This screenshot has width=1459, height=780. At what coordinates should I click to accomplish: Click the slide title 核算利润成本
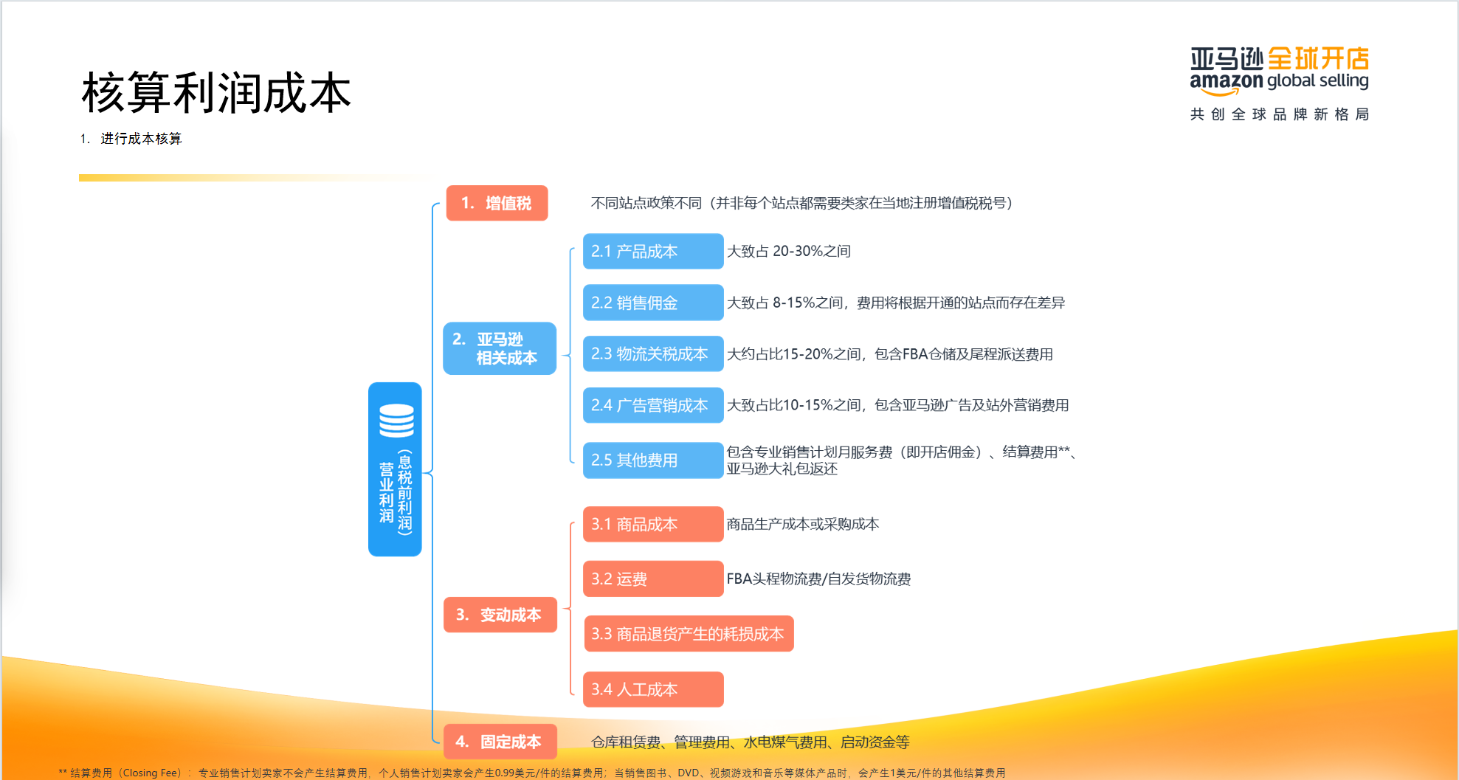point(216,94)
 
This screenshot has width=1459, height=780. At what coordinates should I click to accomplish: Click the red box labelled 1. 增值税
point(497,203)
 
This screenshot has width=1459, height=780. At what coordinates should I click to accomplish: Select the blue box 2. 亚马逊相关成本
point(499,348)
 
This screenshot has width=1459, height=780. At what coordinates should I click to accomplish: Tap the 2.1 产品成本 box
point(652,252)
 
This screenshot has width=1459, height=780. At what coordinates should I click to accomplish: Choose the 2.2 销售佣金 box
point(652,303)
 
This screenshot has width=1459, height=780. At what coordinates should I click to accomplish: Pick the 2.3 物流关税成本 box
point(652,354)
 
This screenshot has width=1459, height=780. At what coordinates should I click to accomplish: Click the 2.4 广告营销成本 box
point(652,405)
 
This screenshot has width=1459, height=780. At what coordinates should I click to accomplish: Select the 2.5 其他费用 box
point(652,460)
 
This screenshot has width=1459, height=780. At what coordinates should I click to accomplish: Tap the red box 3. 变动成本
point(500,615)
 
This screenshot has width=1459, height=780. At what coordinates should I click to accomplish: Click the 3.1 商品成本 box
point(652,525)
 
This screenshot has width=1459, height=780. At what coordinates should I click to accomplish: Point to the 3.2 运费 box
point(652,579)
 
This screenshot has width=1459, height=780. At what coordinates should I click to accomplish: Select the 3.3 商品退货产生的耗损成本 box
point(688,634)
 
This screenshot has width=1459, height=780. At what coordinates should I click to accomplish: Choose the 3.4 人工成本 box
point(652,689)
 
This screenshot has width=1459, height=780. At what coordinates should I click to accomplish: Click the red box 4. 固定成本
point(500,742)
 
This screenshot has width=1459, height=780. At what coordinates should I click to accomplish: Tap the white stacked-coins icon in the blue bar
point(396,421)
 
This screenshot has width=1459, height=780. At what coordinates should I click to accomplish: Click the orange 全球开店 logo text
point(1318,58)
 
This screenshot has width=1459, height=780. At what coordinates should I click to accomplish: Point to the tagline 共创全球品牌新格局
point(1279,114)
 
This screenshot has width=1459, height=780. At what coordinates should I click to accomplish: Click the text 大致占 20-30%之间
point(789,252)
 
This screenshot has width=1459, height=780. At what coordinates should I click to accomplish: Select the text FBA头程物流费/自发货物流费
point(818,579)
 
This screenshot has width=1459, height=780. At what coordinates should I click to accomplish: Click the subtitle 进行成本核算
point(141,139)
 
